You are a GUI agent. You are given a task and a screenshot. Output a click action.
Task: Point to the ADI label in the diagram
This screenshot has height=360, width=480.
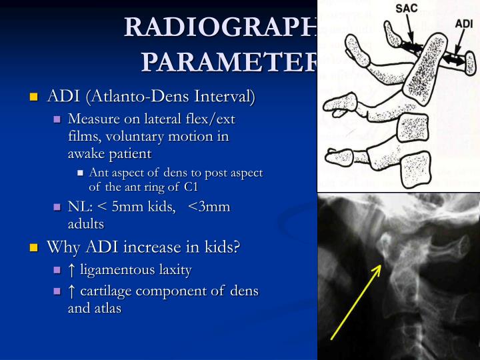[465, 23]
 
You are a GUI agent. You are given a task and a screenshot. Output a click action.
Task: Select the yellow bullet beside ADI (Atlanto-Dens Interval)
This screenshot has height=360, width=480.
[34, 97]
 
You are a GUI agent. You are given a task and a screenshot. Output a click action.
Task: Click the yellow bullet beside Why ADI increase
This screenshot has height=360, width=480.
[34, 248]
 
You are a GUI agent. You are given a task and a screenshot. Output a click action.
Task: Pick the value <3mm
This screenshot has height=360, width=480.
[209, 207]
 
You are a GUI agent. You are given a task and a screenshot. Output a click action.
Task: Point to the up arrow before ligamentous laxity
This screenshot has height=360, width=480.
[71, 270]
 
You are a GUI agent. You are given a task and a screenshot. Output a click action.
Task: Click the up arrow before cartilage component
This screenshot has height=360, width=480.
[71, 291]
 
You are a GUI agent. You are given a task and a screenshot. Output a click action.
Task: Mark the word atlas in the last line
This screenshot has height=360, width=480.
[106, 309]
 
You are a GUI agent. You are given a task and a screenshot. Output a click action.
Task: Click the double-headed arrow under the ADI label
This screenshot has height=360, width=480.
[455, 59]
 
